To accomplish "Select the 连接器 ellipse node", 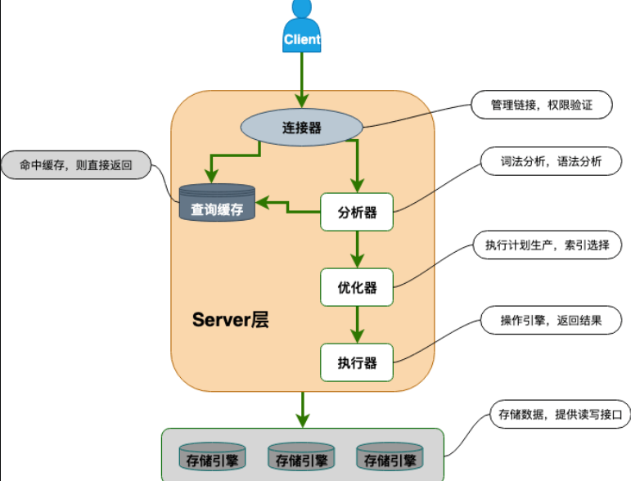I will point(301,128).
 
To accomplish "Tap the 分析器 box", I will point(357,213).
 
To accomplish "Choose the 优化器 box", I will point(357,287).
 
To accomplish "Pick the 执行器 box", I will point(357,362).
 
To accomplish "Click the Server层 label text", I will point(230,320).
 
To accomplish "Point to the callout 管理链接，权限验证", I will point(540,106).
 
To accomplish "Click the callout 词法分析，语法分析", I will point(551,162).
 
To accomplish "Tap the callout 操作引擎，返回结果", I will point(550,321).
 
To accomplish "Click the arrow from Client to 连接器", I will point(302,78).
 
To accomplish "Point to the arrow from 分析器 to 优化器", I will point(357,249).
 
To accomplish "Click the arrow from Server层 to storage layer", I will point(303,409).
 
